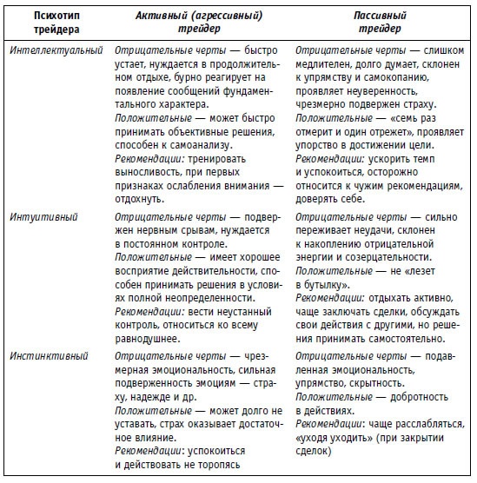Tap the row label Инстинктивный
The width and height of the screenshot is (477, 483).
coord(44,357)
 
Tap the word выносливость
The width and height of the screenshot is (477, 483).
coord(147,175)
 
